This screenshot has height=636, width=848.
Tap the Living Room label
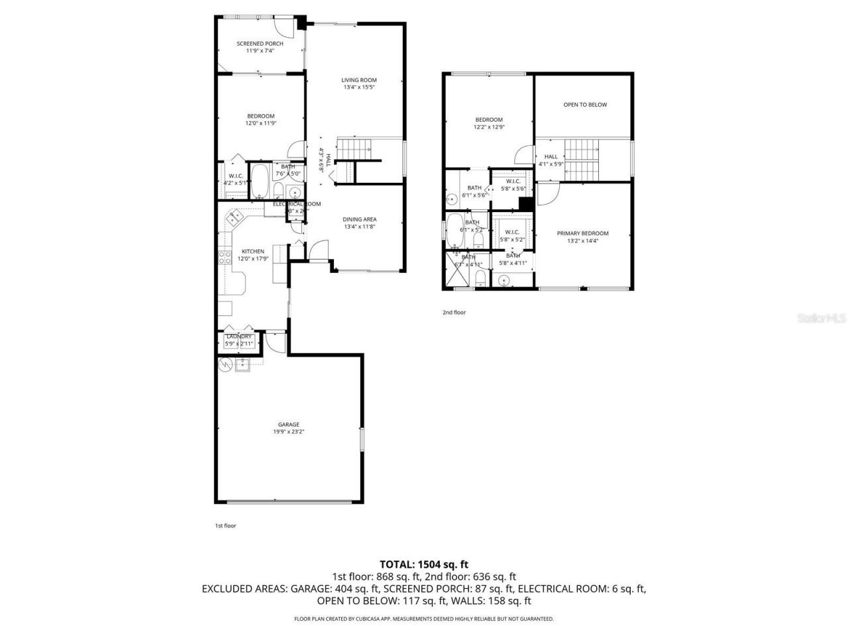click(x=359, y=80)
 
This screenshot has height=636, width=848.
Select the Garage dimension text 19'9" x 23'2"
click(x=288, y=432)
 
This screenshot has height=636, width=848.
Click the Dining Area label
click(x=360, y=219)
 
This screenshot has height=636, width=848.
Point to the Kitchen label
click(x=252, y=251)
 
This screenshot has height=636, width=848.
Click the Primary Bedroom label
click(x=582, y=233)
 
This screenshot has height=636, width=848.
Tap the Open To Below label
click(x=585, y=105)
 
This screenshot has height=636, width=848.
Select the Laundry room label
click(x=238, y=337)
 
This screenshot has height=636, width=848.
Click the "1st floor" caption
click(x=225, y=525)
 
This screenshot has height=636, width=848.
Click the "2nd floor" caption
click(x=454, y=312)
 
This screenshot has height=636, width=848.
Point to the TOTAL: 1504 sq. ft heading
click(x=424, y=564)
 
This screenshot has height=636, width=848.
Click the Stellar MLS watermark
click(x=821, y=318)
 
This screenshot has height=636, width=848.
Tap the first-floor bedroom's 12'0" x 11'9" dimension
click(x=260, y=123)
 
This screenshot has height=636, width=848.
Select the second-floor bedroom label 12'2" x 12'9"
click(x=489, y=127)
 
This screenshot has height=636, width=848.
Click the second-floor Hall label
click(x=551, y=156)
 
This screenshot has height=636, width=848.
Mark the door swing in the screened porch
click(x=285, y=26)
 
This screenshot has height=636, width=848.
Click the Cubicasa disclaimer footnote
click(x=424, y=619)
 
